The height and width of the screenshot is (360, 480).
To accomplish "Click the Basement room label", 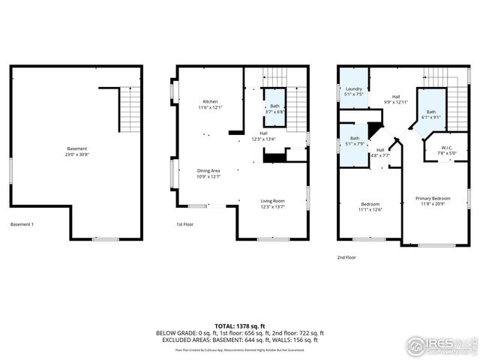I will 76,148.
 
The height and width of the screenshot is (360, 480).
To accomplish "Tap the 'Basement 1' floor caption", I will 22,224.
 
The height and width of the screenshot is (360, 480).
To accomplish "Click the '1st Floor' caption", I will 186,224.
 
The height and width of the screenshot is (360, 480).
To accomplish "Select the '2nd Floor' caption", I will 346,257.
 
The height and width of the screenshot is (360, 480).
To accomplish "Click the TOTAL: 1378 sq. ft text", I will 240,325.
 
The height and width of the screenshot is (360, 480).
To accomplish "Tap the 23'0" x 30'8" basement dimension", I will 76,154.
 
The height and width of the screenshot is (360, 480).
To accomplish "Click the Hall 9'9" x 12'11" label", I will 395,98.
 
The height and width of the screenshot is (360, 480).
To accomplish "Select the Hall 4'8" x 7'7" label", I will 380,153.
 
